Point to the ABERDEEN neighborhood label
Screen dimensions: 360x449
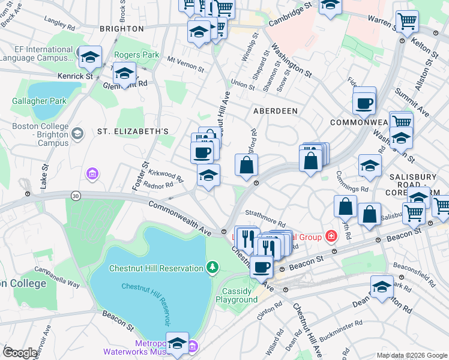click(275, 112)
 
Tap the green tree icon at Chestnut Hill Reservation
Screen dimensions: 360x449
click(211, 266)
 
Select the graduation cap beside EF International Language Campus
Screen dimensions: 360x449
click(90, 58)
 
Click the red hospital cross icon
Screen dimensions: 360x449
click(330, 236)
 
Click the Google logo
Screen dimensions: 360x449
click(20, 353)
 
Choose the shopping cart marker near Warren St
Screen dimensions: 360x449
click(407, 22)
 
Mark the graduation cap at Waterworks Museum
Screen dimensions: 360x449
click(177, 343)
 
